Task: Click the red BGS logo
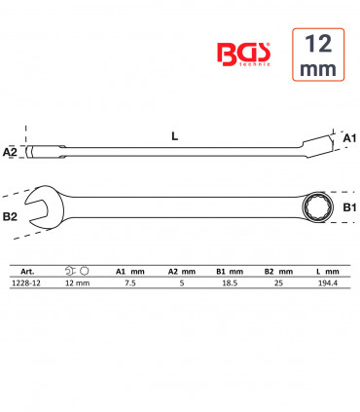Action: [243, 54]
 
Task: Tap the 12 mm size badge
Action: [318, 55]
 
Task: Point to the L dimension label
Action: [175, 136]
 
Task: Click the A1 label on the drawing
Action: [349, 138]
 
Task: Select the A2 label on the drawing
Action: [10, 152]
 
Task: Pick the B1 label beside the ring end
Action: [349, 207]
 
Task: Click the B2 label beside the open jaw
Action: [10, 216]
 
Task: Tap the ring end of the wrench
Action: [315, 206]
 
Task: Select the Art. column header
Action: [27, 272]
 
